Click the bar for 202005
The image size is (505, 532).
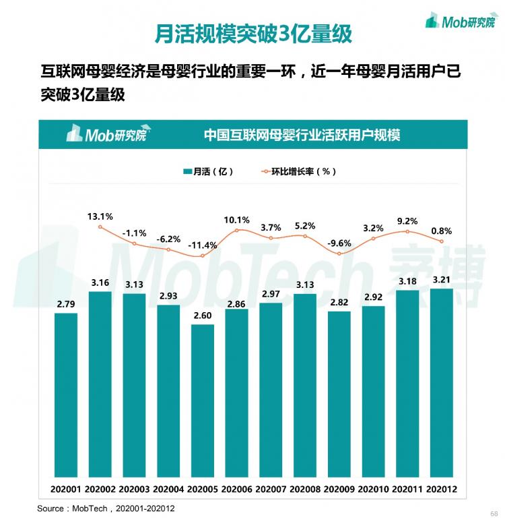pyautogui.click(x=203, y=401)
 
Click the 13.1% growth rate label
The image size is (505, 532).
pyautogui.click(x=100, y=216)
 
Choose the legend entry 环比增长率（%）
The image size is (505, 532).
pyautogui.click(x=298, y=171)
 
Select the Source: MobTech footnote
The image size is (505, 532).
pyautogui.click(x=106, y=508)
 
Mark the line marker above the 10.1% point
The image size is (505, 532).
pyautogui.click(x=237, y=231)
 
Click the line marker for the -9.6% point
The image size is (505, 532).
pyautogui.click(x=339, y=254)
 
